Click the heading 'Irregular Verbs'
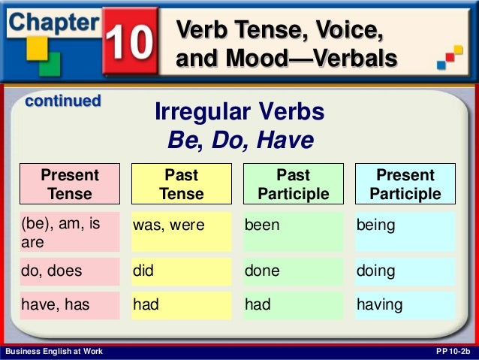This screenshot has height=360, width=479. (239, 112)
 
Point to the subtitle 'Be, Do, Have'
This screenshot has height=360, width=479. (239, 141)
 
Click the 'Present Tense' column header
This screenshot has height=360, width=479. (70, 184)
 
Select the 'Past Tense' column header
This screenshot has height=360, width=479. (181, 184)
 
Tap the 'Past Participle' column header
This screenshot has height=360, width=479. (294, 184)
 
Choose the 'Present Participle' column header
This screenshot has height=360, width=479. (405, 184)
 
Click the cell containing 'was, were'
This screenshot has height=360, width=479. (181, 231)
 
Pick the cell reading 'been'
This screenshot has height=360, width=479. (294, 231)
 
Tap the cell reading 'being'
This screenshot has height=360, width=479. (405, 231)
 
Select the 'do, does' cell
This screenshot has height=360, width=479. (70, 271)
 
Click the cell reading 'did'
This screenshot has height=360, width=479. (181, 271)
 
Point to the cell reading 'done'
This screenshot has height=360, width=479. (294, 271)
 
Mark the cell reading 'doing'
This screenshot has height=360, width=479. (405, 271)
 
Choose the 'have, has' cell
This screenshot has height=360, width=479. (70, 305)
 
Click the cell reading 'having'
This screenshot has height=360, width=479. (405, 305)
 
